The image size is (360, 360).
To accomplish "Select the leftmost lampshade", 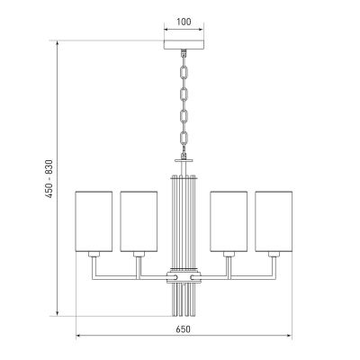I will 94,221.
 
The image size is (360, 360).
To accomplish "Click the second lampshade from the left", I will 139,221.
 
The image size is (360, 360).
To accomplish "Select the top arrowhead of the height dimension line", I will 58,40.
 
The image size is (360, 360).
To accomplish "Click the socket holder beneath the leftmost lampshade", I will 94,257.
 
